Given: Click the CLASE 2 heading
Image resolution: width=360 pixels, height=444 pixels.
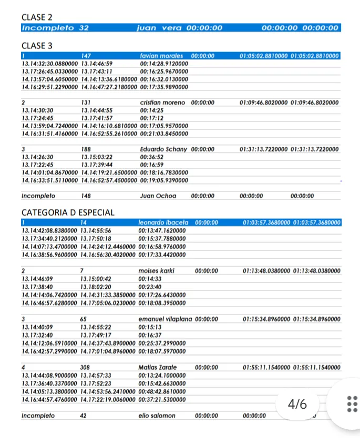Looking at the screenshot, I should tap(37, 17).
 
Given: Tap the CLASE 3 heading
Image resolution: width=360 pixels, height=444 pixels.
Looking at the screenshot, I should tap(37, 46).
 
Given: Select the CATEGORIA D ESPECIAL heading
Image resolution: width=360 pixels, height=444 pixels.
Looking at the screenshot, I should tap(68, 213).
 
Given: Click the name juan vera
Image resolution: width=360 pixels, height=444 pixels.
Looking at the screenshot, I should tap(159, 28).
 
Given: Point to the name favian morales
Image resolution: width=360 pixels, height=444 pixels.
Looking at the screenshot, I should tap(161, 56).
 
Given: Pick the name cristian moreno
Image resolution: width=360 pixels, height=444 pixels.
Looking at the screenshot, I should tap(162, 103).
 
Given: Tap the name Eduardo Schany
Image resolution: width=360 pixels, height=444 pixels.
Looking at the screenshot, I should tap(163, 149).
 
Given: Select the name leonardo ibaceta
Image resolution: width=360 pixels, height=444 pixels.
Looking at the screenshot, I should tap(163, 223).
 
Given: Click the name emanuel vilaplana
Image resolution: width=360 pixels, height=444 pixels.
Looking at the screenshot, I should tap(165, 319).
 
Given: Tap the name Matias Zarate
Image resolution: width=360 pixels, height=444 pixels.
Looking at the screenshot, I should tap(158, 367).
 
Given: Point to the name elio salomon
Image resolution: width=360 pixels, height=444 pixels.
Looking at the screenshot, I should tap(157, 416).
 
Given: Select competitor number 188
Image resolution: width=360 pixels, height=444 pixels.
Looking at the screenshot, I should tap(86, 149).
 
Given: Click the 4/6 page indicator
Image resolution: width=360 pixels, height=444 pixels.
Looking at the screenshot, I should tap(297, 404).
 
